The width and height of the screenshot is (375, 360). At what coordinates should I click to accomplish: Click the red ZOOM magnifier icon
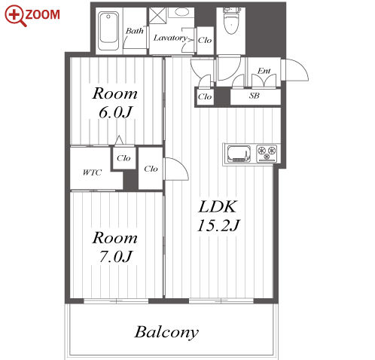[x=15, y=16]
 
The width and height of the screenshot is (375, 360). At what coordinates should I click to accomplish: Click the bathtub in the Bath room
[x=108, y=31]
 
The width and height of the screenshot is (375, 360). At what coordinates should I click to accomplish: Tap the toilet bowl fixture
[x=231, y=21]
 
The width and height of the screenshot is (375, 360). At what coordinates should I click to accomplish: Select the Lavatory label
[x=170, y=38]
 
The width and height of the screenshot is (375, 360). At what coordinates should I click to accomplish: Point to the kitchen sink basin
[x=239, y=154]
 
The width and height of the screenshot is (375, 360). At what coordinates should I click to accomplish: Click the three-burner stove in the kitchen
[x=267, y=153]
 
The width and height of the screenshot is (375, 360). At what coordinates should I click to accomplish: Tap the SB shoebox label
[x=255, y=96]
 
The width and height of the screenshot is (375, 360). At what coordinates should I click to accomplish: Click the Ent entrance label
[x=264, y=71]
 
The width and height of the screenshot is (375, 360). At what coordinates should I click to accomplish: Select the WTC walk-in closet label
[x=92, y=172]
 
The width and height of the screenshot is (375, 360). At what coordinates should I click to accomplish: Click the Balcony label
[x=166, y=332]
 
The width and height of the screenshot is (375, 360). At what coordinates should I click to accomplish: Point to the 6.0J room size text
[x=115, y=112]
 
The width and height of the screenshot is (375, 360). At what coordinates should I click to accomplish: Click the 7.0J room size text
[x=115, y=257]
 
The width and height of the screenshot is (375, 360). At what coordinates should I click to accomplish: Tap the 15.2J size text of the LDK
[x=218, y=225]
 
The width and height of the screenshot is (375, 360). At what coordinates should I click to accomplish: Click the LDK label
[x=218, y=206]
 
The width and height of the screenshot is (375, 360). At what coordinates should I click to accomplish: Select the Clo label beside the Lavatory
[x=205, y=40]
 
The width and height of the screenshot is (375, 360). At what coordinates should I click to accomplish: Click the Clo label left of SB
[x=205, y=96]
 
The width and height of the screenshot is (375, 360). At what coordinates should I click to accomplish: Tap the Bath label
[x=135, y=31]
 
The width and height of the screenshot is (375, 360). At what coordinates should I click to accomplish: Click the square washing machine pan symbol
[x=157, y=15]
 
